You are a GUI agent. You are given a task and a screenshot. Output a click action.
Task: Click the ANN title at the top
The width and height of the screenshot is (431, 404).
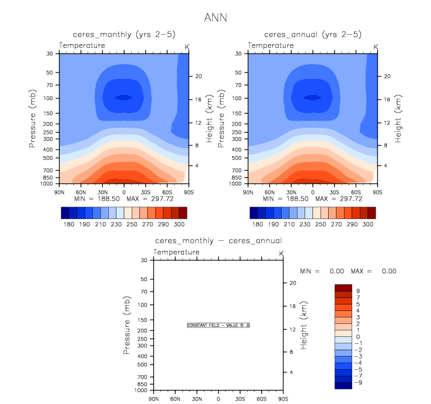pos(215,18)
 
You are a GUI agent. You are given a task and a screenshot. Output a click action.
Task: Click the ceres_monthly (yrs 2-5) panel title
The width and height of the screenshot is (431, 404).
pos(123,35)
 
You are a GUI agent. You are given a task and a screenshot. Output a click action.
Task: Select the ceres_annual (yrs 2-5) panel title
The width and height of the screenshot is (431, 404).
pos(312,35)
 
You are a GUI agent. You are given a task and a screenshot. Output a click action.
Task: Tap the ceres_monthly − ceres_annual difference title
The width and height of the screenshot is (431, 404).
pos(218,240)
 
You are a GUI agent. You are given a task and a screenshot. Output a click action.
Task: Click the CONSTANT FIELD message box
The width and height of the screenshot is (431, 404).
pos(219,325)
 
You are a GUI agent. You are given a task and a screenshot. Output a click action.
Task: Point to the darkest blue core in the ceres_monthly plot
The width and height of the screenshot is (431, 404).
pos(123,98)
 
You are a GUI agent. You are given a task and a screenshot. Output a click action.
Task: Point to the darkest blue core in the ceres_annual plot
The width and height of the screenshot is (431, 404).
pos(312,98)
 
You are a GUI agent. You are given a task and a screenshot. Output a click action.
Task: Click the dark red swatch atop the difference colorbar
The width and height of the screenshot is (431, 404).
pos(343,287)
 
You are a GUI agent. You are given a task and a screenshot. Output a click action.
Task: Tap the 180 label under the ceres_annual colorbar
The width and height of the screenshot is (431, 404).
pos(257,225)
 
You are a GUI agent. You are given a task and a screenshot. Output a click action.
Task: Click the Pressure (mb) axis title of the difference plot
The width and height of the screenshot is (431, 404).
pos(127,325)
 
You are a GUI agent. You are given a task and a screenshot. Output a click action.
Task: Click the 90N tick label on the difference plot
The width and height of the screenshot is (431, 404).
pos(154,399)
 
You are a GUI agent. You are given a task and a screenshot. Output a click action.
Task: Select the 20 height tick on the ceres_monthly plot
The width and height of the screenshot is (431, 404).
pos(199,77)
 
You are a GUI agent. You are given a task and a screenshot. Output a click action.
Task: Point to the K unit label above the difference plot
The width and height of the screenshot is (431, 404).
pos(282,253)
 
